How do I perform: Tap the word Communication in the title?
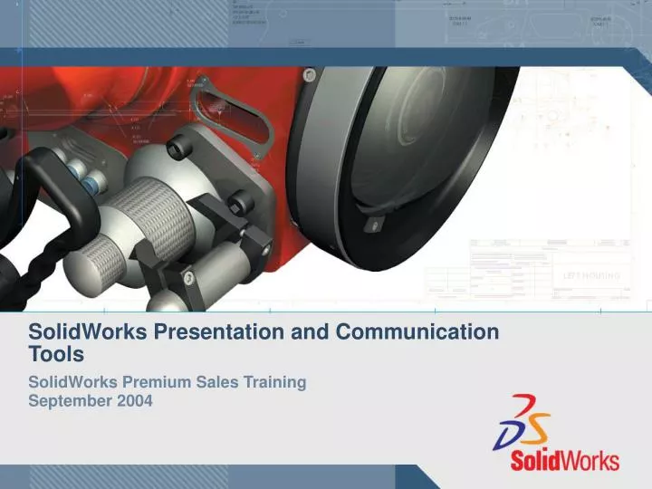pyautogui.click(x=417, y=332)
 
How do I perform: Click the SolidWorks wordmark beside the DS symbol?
pyautogui.click(x=564, y=459)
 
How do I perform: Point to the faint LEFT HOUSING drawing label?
pyautogui.click(x=592, y=274)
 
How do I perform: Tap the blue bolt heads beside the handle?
pyautogui.click(x=91, y=181)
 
